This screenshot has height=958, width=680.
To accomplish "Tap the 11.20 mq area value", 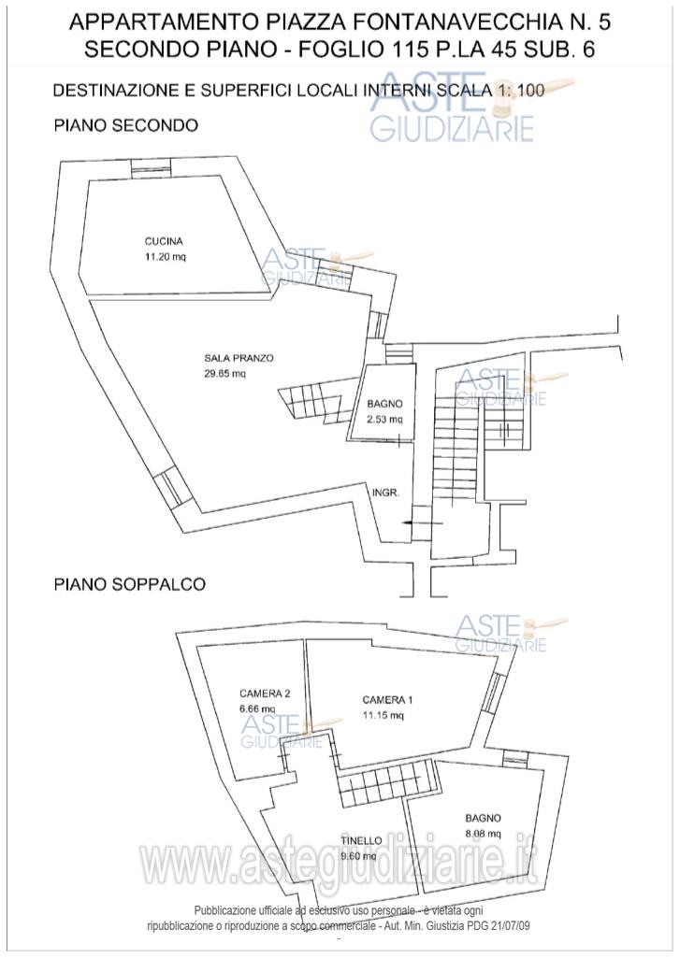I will click(x=158, y=256).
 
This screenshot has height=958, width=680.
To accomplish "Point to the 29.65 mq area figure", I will click(x=225, y=374).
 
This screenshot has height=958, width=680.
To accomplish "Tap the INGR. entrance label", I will click(x=386, y=493).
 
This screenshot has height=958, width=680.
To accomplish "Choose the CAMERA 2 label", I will click(x=265, y=693).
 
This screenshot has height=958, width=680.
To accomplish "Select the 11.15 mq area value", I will click(x=383, y=716).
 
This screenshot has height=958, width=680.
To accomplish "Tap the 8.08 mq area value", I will click(x=483, y=833).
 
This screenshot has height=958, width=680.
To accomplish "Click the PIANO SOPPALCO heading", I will click(x=129, y=584).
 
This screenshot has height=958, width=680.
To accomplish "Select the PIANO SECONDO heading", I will click(x=125, y=124).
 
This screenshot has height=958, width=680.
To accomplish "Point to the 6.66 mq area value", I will click(x=258, y=708).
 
